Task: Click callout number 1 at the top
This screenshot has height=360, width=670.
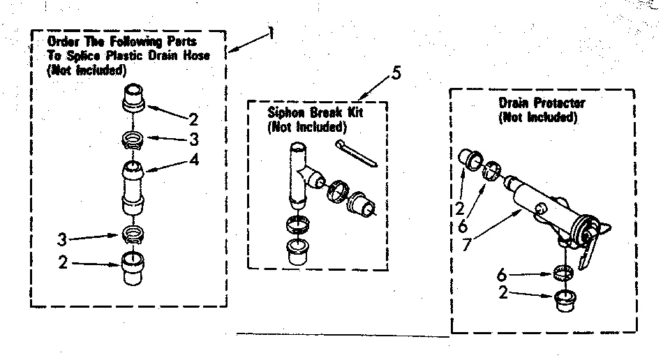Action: pos(271,33)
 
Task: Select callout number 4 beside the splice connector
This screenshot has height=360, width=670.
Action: pos(193,159)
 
